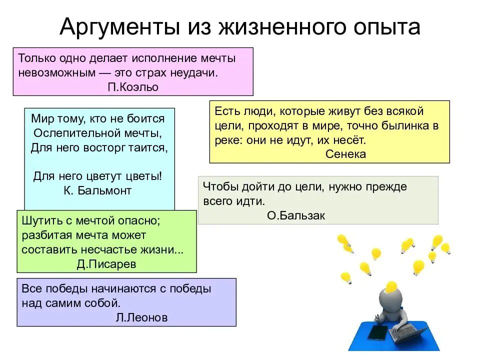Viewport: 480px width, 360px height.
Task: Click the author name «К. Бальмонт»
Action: (x=98, y=190)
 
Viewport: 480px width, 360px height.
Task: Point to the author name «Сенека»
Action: (x=345, y=154)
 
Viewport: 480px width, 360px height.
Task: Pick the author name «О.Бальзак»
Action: (x=289, y=215)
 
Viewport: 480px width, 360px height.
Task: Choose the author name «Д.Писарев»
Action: (x=106, y=264)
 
